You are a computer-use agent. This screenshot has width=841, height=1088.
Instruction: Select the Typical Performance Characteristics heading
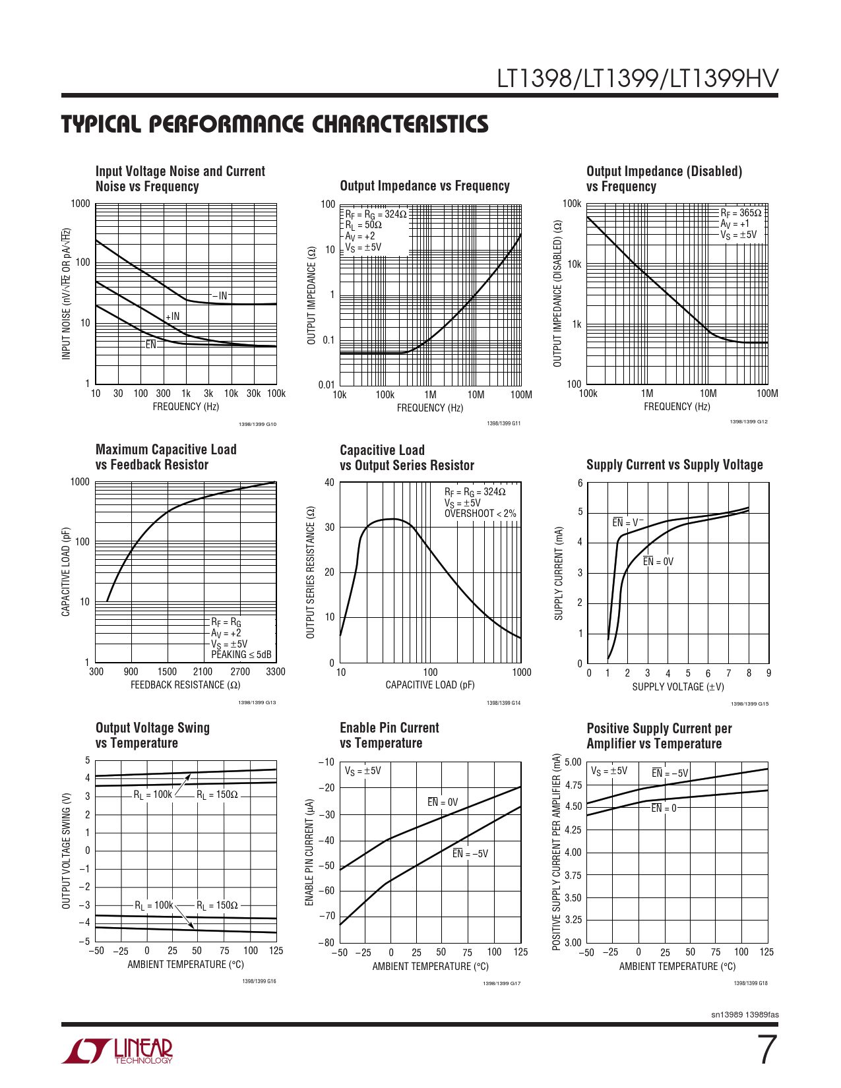click(x=275, y=125)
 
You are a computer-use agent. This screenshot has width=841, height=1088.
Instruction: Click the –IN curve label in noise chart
click(x=220, y=296)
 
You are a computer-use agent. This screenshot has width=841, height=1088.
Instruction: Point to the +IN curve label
click(x=173, y=317)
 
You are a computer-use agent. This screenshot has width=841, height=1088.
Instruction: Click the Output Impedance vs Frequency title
click(x=425, y=186)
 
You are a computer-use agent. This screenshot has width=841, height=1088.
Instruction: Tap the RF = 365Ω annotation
click(x=741, y=213)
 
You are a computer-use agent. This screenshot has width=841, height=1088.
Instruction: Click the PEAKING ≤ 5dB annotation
click(x=241, y=655)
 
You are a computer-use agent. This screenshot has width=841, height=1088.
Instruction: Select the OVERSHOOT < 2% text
click(x=480, y=514)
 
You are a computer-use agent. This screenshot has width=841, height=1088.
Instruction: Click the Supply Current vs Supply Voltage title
click(x=674, y=465)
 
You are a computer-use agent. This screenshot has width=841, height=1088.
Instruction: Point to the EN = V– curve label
click(x=627, y=523)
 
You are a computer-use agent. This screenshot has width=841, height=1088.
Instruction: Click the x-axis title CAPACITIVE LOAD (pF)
click(x=430, y=685)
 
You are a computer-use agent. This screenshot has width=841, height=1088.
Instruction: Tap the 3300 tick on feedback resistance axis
click(x=276, y=672)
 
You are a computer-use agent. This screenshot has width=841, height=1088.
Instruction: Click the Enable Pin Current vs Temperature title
click(x=389, y=735)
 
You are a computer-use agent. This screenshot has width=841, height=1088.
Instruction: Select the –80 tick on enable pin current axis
click(x=327, y=943)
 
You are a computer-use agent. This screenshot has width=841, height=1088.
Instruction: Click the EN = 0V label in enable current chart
click(x=443, y=802)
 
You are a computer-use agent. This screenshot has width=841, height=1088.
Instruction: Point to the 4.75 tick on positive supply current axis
click(x=573, y=785)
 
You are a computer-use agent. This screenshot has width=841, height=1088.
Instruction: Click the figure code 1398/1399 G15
click(x=749, y=704)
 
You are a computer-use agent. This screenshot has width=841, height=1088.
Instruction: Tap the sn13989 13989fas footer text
click(x=745, y=1015)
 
